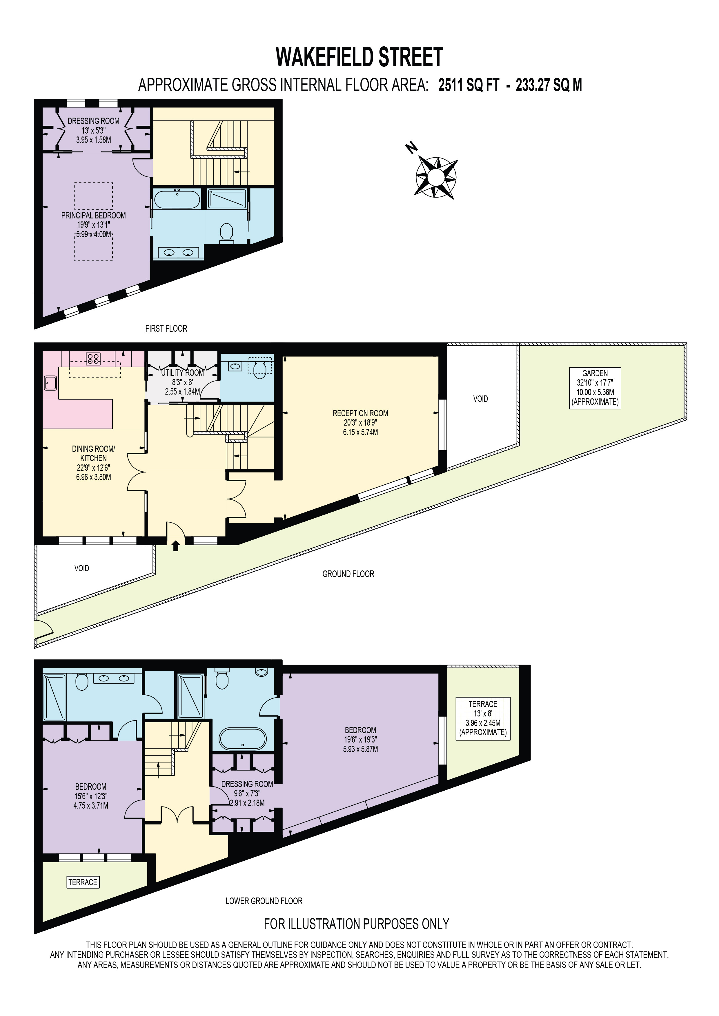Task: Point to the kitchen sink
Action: (x=50, y=383)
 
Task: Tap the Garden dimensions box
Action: (x=595, y=388)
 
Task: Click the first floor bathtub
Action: (x=177, y=199)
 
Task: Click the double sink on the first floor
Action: (x=178, y=253)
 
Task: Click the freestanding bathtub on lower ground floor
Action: (x=243, y=739)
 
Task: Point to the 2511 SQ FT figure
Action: (x=469, y=85)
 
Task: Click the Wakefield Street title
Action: (x=359, y=57)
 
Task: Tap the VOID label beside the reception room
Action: (x=480, y=399)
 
